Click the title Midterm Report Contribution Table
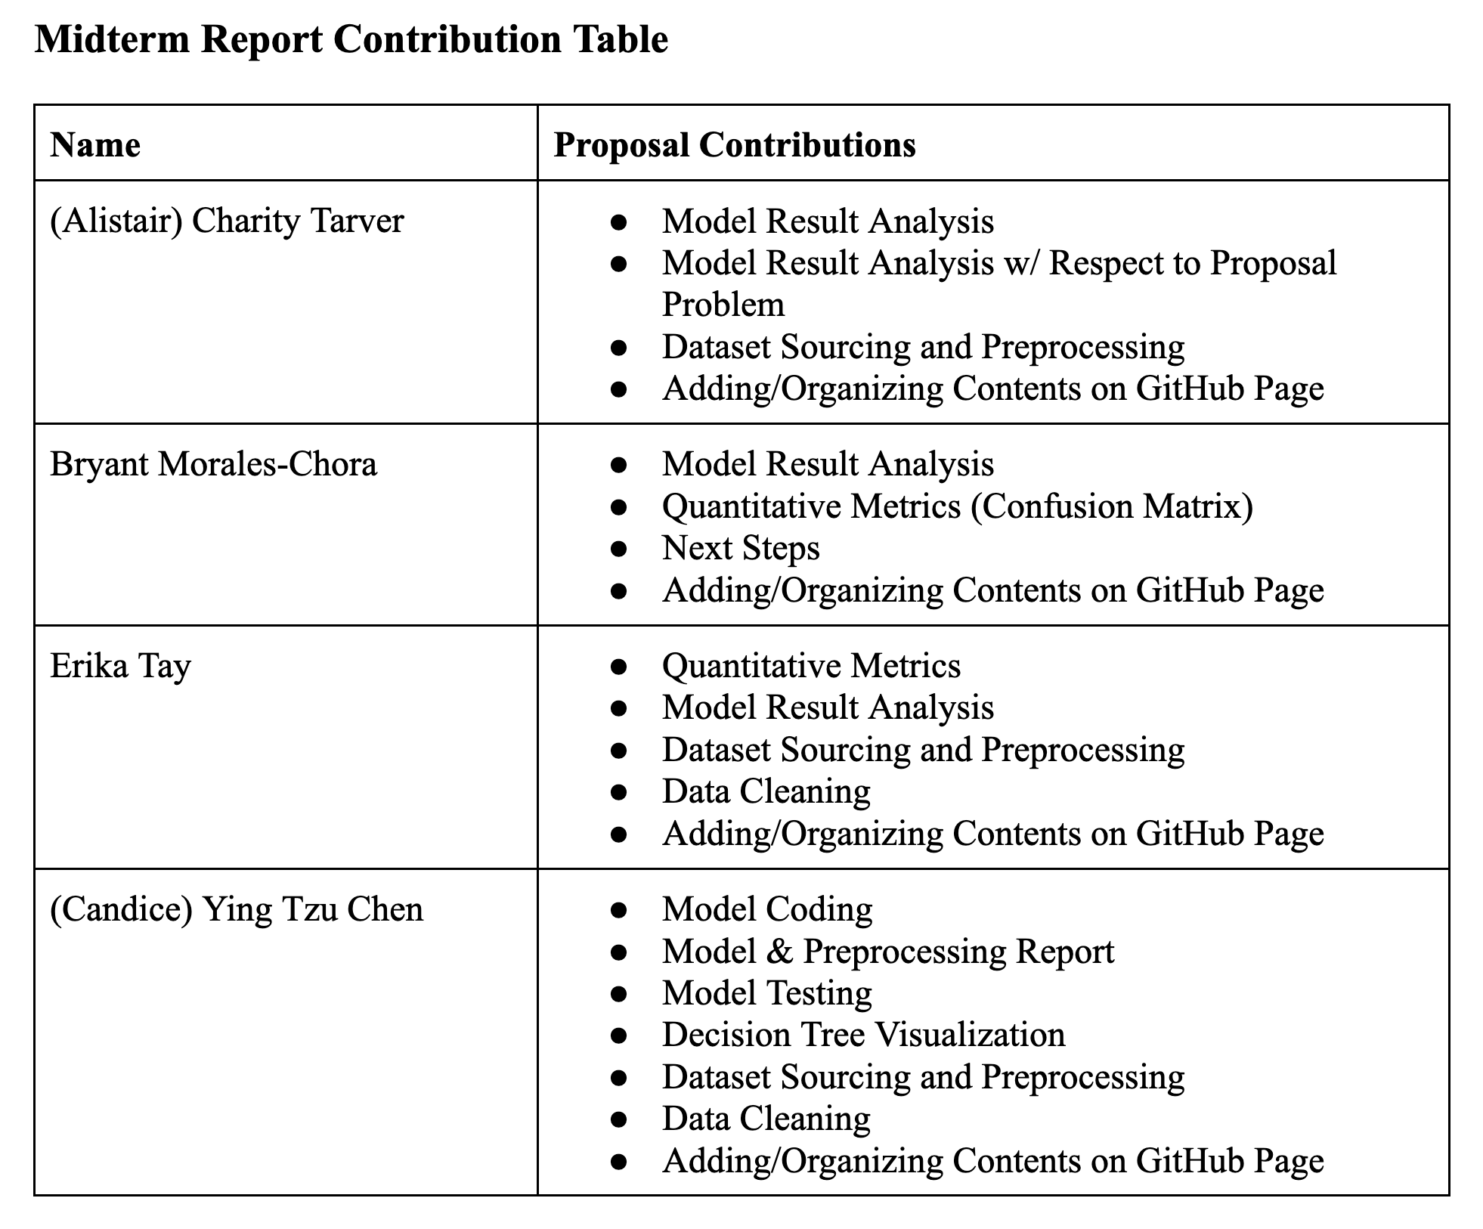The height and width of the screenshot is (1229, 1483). click(x=351, y=39)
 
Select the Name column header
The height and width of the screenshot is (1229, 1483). click(x=95, y=144)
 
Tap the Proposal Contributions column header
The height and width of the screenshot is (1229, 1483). click(x=734, y=144)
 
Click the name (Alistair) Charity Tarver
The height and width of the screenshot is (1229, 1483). click(x=227, y=221)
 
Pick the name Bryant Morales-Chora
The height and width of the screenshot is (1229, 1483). click(x=213, y=464)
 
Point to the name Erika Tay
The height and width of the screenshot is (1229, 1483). click(x=120, y=666)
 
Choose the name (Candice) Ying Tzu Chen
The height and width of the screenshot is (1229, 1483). click(x=237, y=909)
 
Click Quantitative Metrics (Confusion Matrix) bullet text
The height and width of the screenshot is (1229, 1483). click(x=957, y=506)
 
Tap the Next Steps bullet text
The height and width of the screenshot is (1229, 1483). click(x=741, y=548)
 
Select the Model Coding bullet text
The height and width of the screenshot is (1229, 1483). click(x=767, y=909)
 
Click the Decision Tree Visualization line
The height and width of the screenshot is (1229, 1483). click(x=863, y=1035)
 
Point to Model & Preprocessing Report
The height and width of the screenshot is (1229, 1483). click(x=888, y=951)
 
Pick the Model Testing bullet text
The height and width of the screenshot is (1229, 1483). click(x=767, y=993)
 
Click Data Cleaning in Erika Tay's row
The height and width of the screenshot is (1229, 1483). click(x=766, y=791)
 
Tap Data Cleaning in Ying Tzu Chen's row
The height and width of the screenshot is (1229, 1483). click(x=766, y=1119)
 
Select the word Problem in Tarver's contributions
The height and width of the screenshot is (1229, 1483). click(x=723, y=305)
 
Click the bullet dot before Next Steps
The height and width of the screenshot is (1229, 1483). click(x=619, y=549)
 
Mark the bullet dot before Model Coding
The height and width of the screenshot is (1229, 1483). click(x=619, y=910)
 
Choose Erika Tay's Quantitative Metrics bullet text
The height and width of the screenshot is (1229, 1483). click(x=811, y=666)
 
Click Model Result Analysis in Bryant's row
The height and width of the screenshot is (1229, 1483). click(x=828, y=464)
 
